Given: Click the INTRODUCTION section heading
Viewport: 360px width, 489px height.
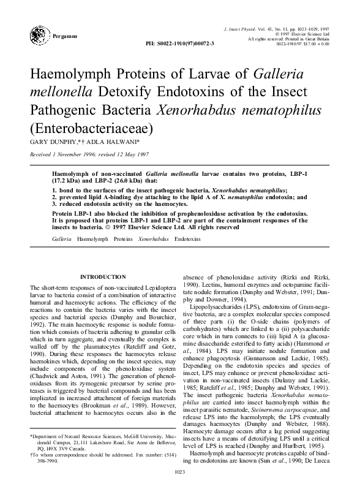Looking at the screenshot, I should coord(103,277).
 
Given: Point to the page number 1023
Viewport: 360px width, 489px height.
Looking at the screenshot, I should coord(179,471).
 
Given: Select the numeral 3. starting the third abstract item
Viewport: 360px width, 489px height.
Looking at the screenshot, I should coord(54,204).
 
